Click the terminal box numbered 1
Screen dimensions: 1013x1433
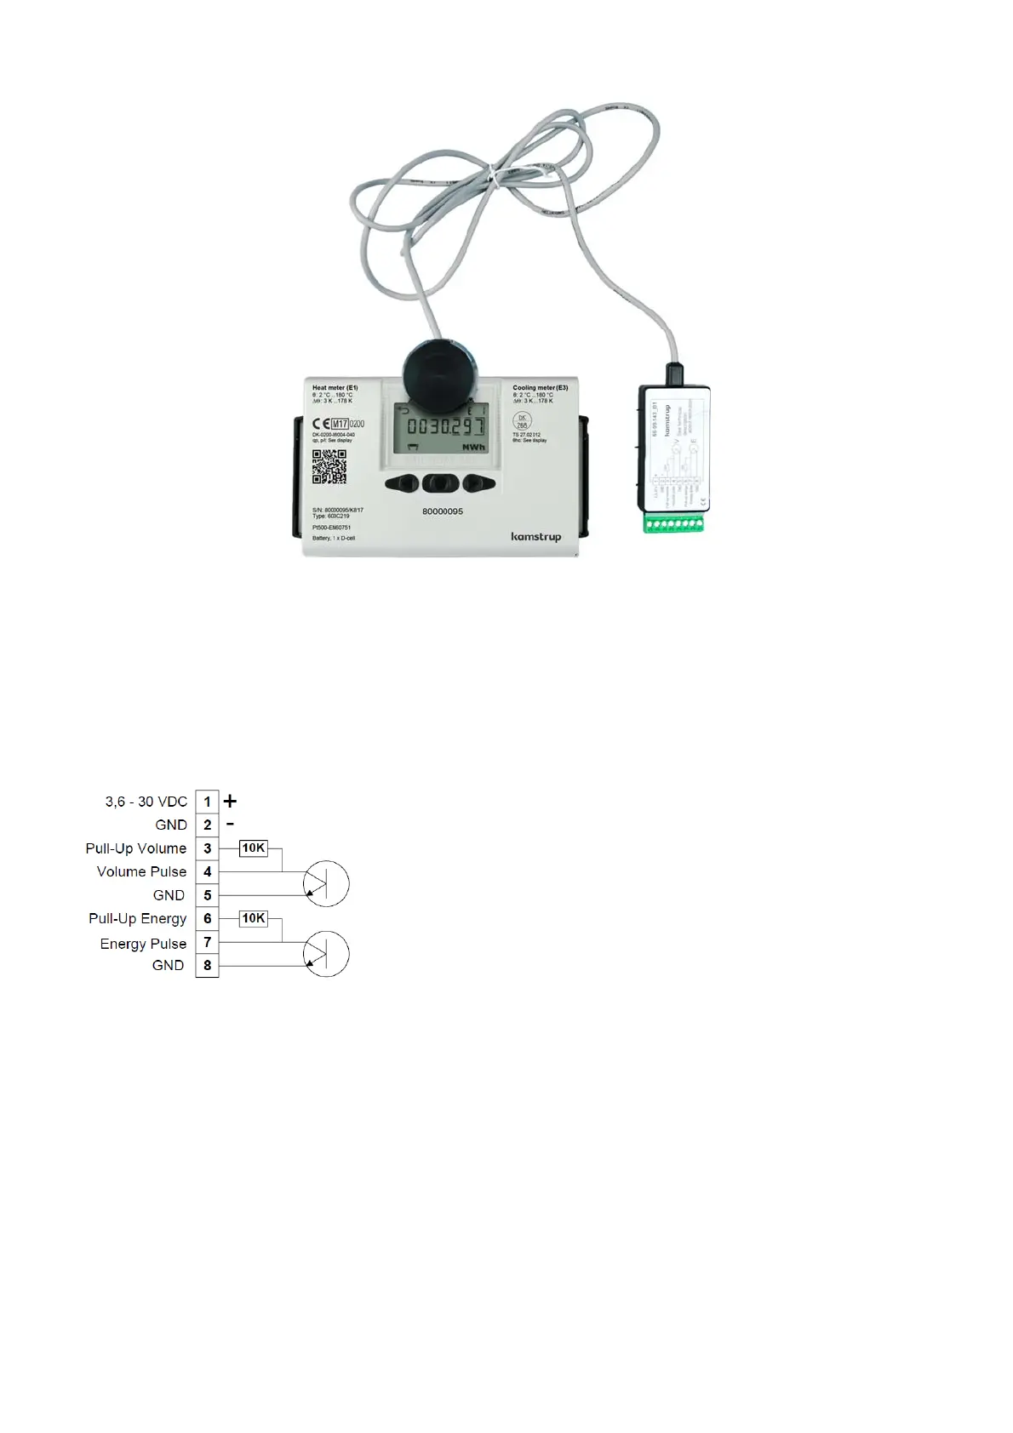pos(207,802)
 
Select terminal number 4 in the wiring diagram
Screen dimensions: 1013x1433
pos(207,871)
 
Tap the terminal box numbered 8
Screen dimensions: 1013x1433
pos(207,965)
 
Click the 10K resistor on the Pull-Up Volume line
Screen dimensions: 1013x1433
pos(254,848)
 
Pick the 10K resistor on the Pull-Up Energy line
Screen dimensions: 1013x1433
pos(254,918)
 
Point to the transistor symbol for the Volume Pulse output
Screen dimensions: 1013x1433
pos(325,883)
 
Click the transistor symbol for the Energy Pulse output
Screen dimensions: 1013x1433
pos(325,954)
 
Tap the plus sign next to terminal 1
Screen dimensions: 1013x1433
pos(230,801)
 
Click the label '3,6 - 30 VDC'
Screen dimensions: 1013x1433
pos(146,802)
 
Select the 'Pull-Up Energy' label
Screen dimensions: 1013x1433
pos(137,918)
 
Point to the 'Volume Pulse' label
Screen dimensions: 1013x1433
pos(141,871)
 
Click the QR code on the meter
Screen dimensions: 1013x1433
pos(329,466)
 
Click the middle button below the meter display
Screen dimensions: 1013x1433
pos(440,483)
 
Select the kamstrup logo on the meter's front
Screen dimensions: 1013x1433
pos(535,537)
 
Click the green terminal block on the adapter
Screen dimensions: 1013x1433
pos(675,522)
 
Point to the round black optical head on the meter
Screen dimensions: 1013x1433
pos(438,374)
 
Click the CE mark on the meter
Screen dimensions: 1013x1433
pos(320,424)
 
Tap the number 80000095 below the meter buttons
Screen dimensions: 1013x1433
pos(443,511)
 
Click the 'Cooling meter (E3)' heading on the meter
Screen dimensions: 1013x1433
pos(540,388)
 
